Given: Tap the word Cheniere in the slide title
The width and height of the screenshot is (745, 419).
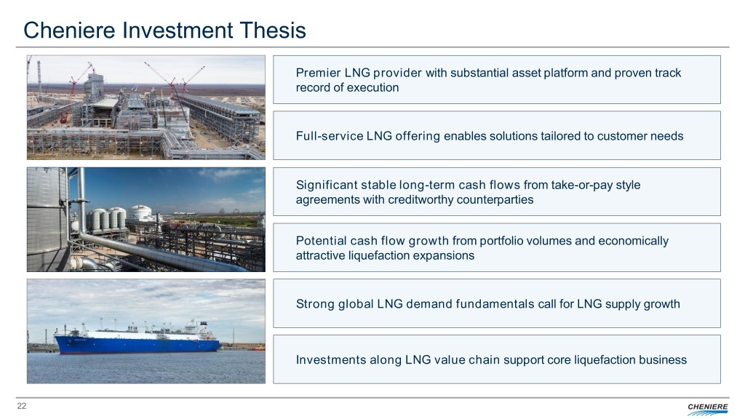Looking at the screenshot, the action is (69, 30).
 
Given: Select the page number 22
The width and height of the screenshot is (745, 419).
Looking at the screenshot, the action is (22, 406).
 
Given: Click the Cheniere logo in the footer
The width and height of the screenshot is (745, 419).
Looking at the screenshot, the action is (707, 408).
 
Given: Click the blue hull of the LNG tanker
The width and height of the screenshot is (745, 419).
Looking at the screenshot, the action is (138, 344).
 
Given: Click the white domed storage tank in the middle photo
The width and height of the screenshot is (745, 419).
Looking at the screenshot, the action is (140, 213).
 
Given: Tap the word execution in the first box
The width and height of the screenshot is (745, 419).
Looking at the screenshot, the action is (372, 87).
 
